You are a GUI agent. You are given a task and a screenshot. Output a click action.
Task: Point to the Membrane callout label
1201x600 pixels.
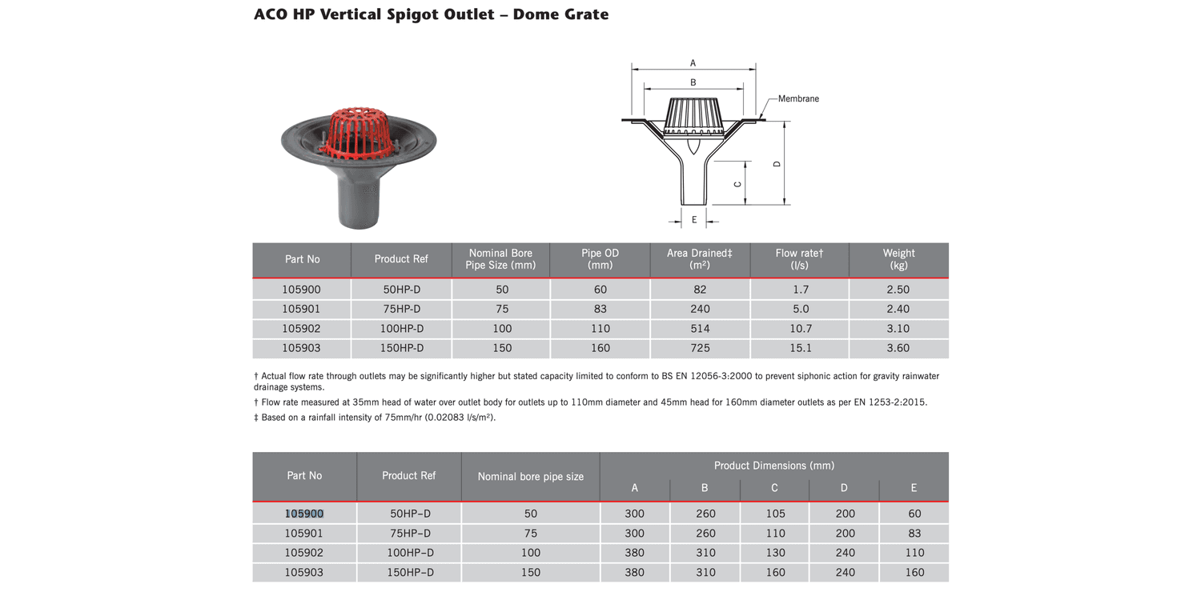[x=798, y=98]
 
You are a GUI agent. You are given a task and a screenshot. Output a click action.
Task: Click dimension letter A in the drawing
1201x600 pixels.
[x=693, y=63]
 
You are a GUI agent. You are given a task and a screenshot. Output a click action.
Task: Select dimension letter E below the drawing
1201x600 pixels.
[x=694, y=220]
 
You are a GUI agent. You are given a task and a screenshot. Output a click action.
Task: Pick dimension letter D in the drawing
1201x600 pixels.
[x=777, y=164]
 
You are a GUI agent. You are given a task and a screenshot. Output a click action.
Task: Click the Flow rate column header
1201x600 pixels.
[x=799, y=258]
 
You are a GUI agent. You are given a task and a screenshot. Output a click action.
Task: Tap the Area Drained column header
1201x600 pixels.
[x=699, y=258]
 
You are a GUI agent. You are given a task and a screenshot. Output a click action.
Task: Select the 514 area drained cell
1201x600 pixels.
[x=700, y=328]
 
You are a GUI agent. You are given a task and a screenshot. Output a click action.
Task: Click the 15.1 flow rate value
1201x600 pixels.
[x=800, y=348]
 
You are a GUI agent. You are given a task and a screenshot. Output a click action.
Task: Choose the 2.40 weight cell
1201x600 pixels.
[x=898, y=309]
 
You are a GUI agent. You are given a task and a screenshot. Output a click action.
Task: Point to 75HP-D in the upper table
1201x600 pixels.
[x=402, y=309]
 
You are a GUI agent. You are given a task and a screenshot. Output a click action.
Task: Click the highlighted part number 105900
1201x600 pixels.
[x=304, y=514]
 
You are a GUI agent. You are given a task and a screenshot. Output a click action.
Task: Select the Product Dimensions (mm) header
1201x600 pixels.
[x=773, y=466]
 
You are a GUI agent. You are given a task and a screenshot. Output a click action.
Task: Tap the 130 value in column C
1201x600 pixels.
[x=775, y=553]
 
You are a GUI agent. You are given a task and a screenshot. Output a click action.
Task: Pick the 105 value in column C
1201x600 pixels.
[x=775, y=514]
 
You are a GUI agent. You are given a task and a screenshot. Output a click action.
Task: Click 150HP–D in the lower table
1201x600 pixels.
[x=410, y=573]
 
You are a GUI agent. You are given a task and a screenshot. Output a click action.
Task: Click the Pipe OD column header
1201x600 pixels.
[x=600, y=258]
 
